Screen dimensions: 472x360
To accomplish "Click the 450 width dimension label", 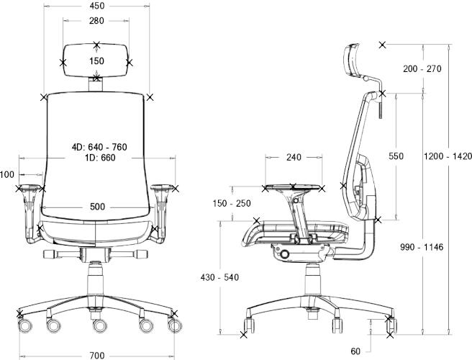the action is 97,6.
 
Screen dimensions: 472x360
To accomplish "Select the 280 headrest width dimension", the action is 96,21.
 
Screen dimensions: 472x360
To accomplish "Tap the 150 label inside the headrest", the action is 96,61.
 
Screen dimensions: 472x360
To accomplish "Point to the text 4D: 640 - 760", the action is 99,147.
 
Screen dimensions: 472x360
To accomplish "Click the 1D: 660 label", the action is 100,158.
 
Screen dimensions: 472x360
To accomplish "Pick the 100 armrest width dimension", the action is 7,174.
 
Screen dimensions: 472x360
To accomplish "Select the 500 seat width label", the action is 98,207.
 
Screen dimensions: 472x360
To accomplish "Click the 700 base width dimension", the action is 97,356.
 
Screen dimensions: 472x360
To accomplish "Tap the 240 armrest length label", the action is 294,157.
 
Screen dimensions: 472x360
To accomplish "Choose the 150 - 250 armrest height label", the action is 232,203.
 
